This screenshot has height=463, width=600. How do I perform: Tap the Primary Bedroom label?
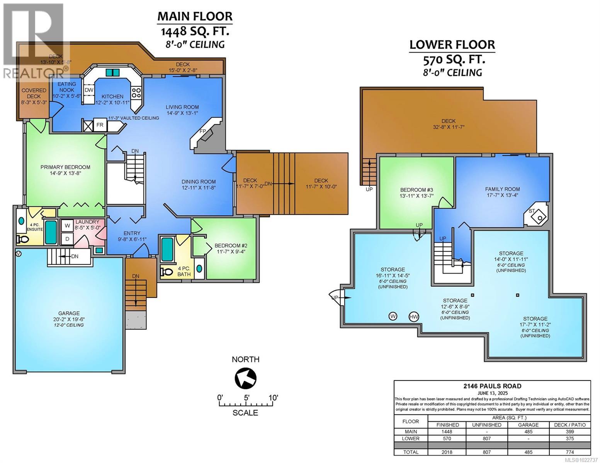(x=65, y=167)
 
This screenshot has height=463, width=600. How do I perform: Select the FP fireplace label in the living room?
(x=202, y=132)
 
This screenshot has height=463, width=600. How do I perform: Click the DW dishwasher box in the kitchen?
(x=89, y=90)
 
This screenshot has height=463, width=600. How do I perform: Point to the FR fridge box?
(x=100, y=125)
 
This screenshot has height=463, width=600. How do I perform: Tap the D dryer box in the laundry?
(x=67, y=239)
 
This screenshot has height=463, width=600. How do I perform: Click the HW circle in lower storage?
(x=414, y=317)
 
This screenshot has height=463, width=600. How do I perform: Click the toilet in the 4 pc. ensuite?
(x=23, y=240)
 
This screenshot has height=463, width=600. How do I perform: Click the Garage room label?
(x=69, y=313)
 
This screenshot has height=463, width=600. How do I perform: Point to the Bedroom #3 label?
(x=416, y=190)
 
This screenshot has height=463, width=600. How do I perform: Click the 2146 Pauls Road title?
(x=492, y=386)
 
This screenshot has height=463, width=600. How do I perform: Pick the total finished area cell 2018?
(x=447, y=452)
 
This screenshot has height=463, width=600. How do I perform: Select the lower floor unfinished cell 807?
(x=486, y=438)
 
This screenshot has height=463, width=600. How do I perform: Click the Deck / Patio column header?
(x=569, y=425)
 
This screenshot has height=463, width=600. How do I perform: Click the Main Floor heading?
(x=195, y=16)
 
